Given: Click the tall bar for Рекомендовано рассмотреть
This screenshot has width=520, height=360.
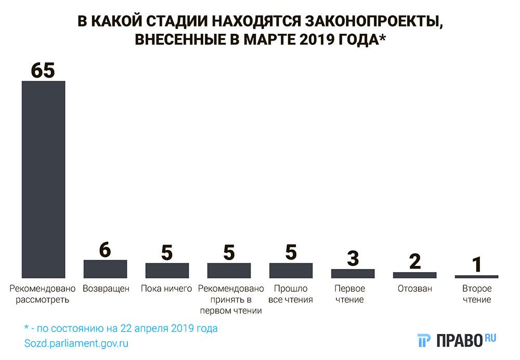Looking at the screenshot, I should [x=43, y=179].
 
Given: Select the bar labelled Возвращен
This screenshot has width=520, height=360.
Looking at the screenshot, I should [x=105, y=268].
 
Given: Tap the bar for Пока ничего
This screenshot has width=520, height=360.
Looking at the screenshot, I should [x=166, y=270].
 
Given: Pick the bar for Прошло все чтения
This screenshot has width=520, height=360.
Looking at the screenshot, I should [x=291, y=270].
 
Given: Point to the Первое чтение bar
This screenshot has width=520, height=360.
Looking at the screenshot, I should [x=353, y=273].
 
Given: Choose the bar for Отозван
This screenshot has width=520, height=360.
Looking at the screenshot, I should [x=414, y=275].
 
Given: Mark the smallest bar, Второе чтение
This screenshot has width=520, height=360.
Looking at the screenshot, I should [x=476, y=276].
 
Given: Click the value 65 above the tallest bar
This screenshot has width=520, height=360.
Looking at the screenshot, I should [x=43, y=71].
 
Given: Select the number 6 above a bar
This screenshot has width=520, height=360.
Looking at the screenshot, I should [x=105, y=250].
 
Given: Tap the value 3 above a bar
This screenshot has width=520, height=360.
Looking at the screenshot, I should [x=353, y=259].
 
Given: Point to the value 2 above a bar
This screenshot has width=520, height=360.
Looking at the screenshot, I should [x=414, y=262].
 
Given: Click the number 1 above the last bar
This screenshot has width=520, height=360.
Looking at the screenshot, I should [x=476, y=265].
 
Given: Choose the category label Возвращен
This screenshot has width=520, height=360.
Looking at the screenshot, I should [x=106, y=289].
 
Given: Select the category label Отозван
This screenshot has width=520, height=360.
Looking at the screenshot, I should [x=414, y=289].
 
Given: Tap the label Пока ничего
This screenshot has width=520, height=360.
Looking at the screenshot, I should [x=166, y=289].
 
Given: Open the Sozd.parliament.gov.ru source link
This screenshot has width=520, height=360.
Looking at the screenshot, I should [x=76, y=343].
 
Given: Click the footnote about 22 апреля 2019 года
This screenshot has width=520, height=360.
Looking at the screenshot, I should [x=121, y=329].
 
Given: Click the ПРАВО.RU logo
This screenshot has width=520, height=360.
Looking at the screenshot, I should [x=457, y=340].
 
